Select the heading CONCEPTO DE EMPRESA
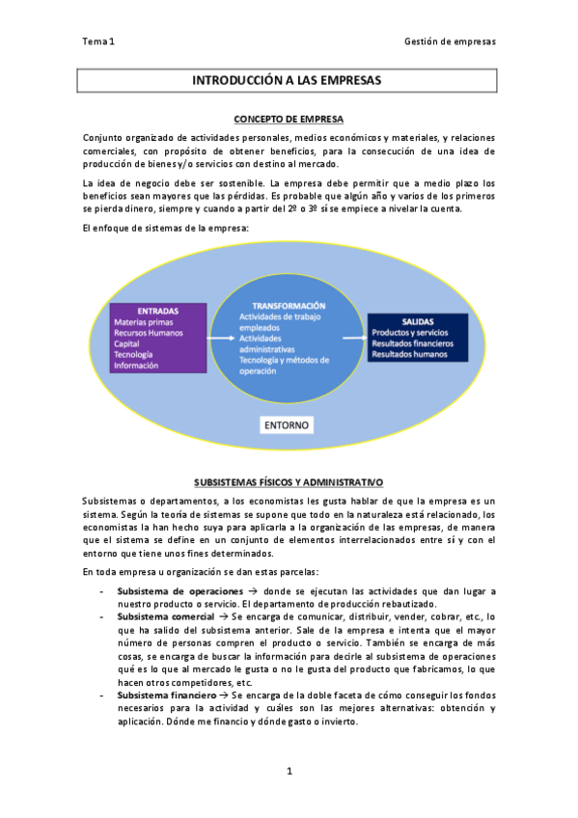(289, 119)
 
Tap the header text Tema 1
(98, 41)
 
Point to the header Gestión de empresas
(450, 41)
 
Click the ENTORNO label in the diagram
(288, 423)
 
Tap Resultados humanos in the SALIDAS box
(410, 354)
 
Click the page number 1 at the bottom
(289, 771)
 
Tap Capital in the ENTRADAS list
(126, 343)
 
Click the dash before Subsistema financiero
(101, 695)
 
